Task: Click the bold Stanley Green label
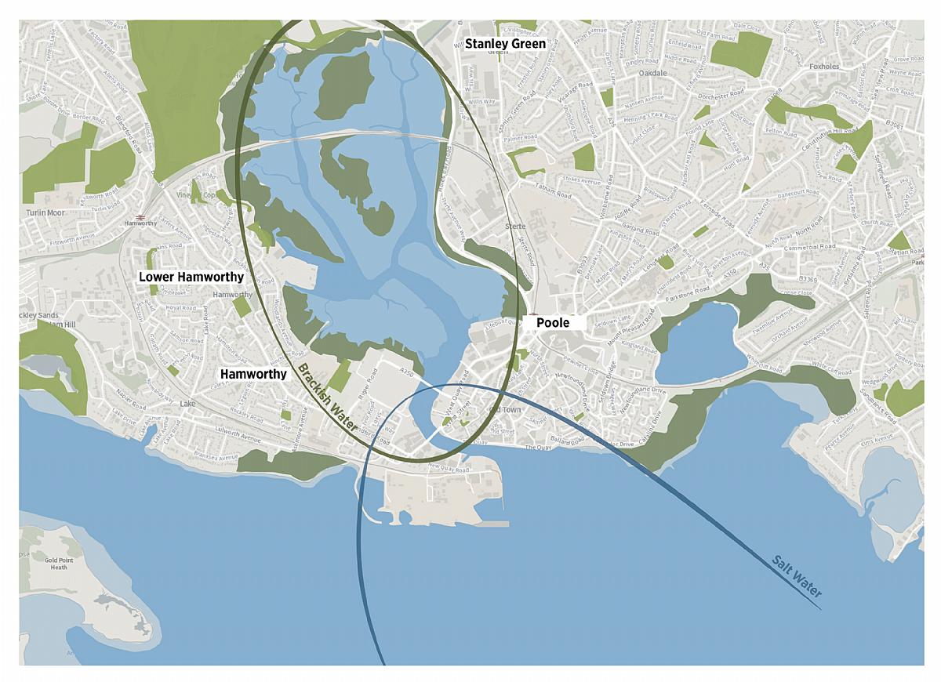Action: [x=505, y=44]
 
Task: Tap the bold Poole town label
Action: [x=553, y=323]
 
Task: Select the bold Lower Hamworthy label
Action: [x=191, y=277]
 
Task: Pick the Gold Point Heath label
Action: [x=60, y=564]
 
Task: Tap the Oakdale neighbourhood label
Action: [x=652, y=73]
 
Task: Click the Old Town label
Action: [x=504, y=410]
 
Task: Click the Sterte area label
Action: [x=515, y=226]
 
